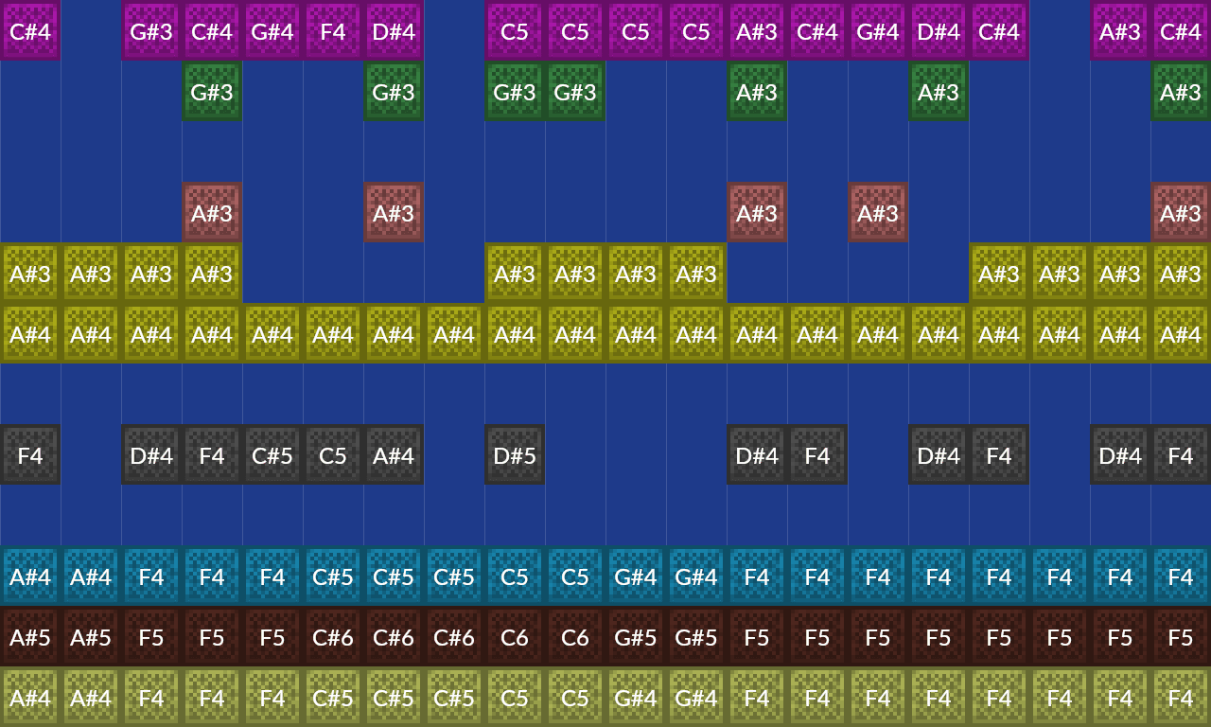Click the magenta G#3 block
pyautogui.click(x=151, y=30)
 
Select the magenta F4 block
pyautogui.click(x=333, y=30)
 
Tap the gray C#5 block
pyautogui.click(x=272, y=454)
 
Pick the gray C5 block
pyautogui.click(x=333, y=454)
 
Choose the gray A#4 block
pyautogui.click(x=394, y=454)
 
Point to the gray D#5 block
pyautogui.click(x=515, y=454)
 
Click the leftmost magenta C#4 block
pyautogui.click(x=30, y=30)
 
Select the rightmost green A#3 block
pyautogui.click(x=1181, y=91)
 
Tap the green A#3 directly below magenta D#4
pyautogui.click(x=939, y=91)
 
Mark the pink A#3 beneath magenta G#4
pyautogui.click(x=878, y=212)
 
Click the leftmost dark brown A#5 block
pyautogui.click(x=30, y=636)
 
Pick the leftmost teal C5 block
pyautogui.click(x=515, y=576)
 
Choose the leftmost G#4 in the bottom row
pyautogui.click(x=636, y=697)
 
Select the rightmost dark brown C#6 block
pyautogui.click(x=454, y=636)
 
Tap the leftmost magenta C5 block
pyautogui.click(x=515, y=30)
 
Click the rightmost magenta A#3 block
pyautogui.click(x=1120, y=30)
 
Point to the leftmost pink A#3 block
pyautogui.click(x=212, y=212)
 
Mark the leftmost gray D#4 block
pyautogui.click(x=151, y=454)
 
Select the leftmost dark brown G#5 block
pyautogui.click(x=636, y=636)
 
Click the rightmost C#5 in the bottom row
pyautogui.click(x=454, y=697)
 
